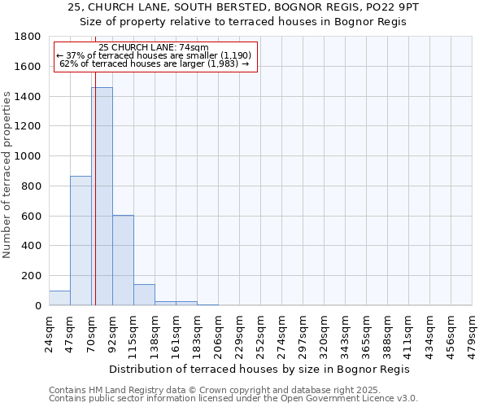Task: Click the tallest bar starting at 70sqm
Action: (x=102, y=196)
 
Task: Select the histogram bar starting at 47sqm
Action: (x=81, y=240)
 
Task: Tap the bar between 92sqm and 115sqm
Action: (x=124, y=260)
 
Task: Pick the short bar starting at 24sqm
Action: (x=59, y=298)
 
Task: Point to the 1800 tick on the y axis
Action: (x=29, y=37)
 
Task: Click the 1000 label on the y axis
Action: (x=29, y=156)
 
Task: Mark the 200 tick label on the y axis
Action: (x=33, y=276)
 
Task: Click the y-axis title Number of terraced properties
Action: (x=7, y=175)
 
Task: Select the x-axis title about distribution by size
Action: (x=259, y=369)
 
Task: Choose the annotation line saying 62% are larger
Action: (x=155, y=63)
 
